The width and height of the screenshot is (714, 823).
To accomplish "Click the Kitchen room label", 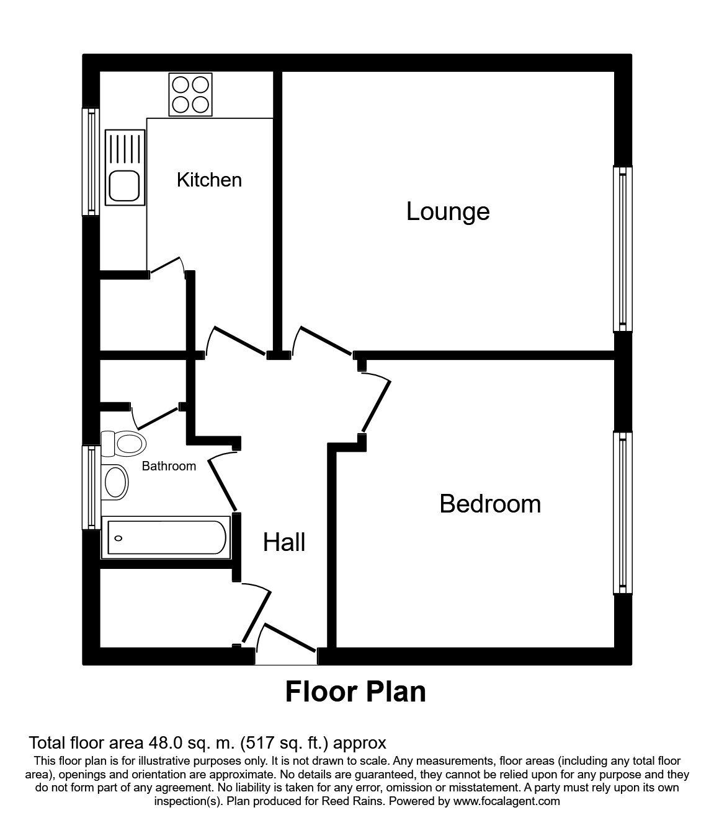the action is point(209,180).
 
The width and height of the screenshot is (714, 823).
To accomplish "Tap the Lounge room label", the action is point(448,212).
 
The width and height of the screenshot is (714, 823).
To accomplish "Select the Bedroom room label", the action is point(490,504).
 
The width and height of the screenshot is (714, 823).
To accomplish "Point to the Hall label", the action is point(284,542).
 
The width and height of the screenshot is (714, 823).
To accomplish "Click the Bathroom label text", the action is point(169,466).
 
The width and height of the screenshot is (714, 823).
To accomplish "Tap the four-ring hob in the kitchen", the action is point(190,94).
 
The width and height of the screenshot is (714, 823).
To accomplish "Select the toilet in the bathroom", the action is point(123,444).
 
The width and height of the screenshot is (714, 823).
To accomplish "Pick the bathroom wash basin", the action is point(115,482).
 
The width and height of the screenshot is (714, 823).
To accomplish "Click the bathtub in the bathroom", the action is point(166,537).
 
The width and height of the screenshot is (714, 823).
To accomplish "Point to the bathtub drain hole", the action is point(118,539).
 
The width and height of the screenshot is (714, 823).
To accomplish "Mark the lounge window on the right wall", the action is point(622,249).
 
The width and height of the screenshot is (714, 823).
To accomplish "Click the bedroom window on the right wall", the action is point(622,513).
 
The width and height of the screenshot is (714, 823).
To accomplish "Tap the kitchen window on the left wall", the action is point(91,162).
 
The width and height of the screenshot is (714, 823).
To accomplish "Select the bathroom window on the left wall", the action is point(91,488).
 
